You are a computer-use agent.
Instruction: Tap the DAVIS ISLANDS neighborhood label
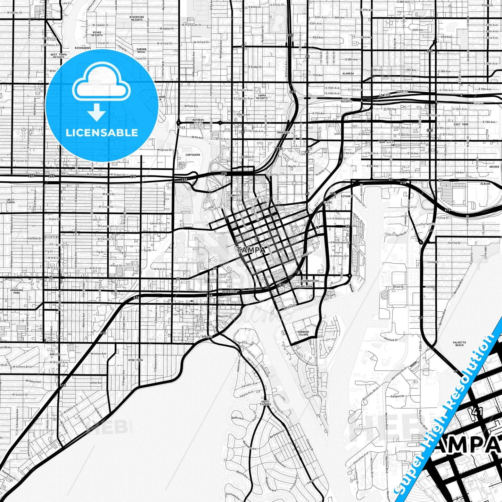pyautogui.click(x=265, y=403)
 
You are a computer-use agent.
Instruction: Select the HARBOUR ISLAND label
pyautogui.click(x=303, y=333)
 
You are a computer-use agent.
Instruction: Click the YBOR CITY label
pyautogui.click(x=386, y=142)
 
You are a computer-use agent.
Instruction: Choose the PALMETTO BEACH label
pyautogui.click(x=459, y=344)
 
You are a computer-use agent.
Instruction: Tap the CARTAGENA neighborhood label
pyautogui.click(x=193, y=155)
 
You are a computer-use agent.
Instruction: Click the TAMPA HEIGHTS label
pyautogui.click(x=262, y=97)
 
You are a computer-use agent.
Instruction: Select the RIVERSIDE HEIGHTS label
pyautogui.click(x=137, y=18)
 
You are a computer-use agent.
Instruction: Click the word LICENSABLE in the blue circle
pyautogui.click(x=102, y=133)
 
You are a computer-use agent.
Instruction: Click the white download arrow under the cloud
pyautogui.click(x=97, y=113)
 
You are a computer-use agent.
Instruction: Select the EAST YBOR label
pyautogui.click(x=461, y=124)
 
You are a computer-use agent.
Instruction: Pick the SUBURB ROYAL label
pyautogui.click(x=141, y=51)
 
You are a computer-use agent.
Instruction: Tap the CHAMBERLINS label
pyautogui.click(x=310, y=281)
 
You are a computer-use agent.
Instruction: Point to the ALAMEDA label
pyautogui.click(x=348, y=74)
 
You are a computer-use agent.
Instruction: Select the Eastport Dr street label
pyautogui.click(x=397, y=396)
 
